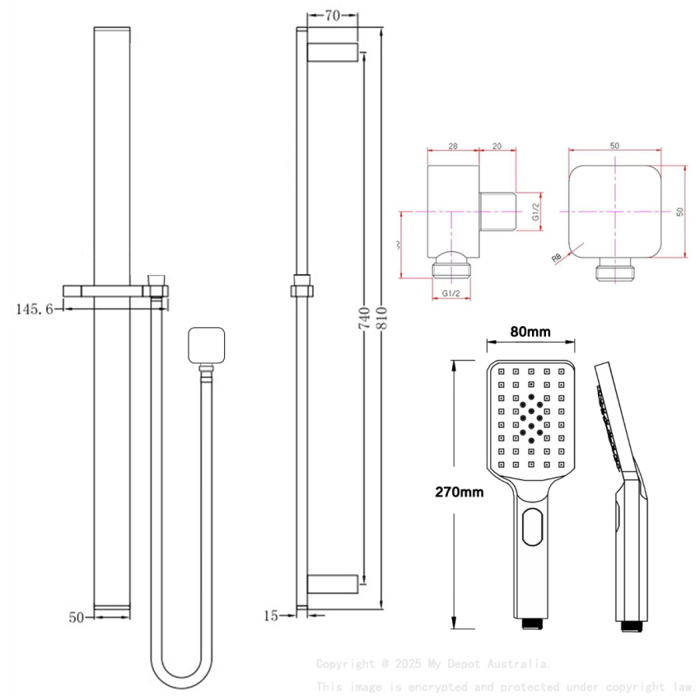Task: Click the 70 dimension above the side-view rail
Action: tap(332, 15)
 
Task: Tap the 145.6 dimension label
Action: tap(35, 309)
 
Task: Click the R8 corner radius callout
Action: tap(558, 258)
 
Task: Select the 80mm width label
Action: tap(530, 332)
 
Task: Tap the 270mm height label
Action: tap(460, 492)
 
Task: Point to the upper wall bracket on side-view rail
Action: tap(333, 53)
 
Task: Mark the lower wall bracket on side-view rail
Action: tap(333, 583)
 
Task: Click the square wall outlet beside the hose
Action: tap(206, 346)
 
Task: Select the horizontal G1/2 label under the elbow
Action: tap(450, 293)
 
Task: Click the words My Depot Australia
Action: tap(503, 664)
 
